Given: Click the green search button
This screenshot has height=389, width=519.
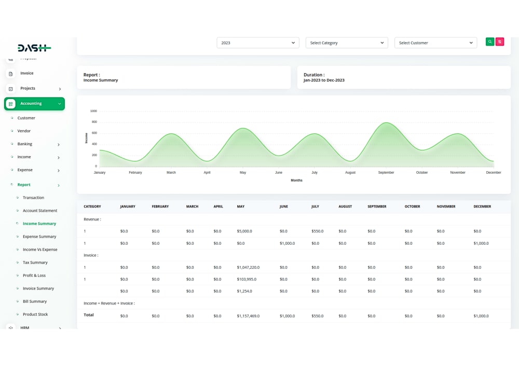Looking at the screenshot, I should pos(490,42).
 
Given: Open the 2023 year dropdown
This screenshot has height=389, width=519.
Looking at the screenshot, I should pos(258,43).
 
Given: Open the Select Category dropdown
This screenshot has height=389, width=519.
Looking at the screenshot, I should pos(347,43).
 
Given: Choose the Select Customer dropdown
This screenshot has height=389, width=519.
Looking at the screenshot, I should pos(435,43).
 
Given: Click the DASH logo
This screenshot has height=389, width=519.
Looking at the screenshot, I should pos(34,48).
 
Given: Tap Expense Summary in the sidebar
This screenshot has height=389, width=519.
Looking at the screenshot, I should pos(39,237).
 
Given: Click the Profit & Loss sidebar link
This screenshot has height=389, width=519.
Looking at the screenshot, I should pos(34,275).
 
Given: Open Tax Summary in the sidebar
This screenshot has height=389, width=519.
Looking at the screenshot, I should pos(35,262).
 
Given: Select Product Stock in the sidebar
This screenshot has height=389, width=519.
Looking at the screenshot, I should pos(35,314).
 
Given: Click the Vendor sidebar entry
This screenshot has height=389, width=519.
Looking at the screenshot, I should pos(24,131).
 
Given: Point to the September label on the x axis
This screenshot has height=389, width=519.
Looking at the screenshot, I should pos(386,173).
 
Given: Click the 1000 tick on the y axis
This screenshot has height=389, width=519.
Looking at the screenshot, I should pos(93,111).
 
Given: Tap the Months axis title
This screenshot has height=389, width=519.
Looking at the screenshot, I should pos(296,180).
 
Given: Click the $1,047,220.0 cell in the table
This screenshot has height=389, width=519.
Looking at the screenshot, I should pos(248,268).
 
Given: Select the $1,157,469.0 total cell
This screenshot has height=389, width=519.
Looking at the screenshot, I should pos(248,316).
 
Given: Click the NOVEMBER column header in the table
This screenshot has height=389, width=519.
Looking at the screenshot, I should pos(446,206).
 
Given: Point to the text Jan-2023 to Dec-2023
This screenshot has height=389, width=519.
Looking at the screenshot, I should pos(324,80).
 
